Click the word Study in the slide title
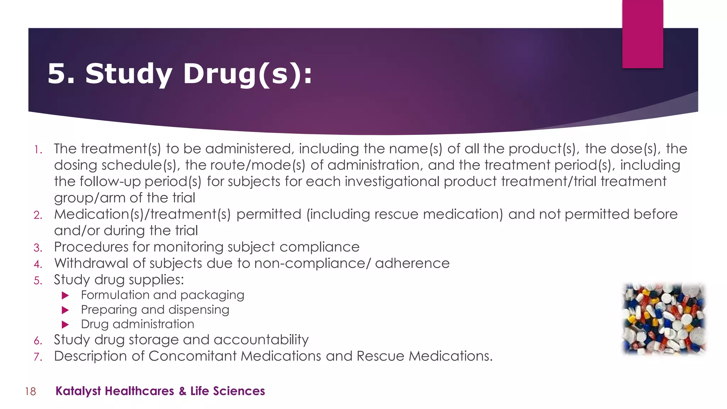129,74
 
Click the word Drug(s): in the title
247,74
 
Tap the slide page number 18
31,391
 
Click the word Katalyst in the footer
78,391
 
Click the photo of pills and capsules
664,318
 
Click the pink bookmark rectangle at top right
643,34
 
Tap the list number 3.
38,247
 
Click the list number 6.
38,341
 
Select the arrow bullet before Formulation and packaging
65,295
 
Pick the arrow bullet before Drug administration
65,325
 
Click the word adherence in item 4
412,263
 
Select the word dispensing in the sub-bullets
199,310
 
